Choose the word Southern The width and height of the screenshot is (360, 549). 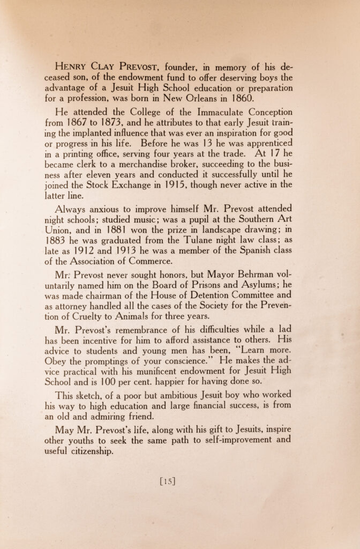pos(255,220)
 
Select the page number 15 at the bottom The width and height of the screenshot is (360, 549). pos(168,481)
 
